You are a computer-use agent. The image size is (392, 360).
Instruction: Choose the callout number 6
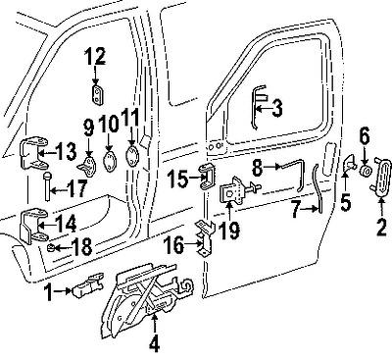point(365,135)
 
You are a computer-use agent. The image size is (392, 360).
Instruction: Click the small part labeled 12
point(100,93)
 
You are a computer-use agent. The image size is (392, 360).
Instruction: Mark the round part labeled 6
point(365,169)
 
